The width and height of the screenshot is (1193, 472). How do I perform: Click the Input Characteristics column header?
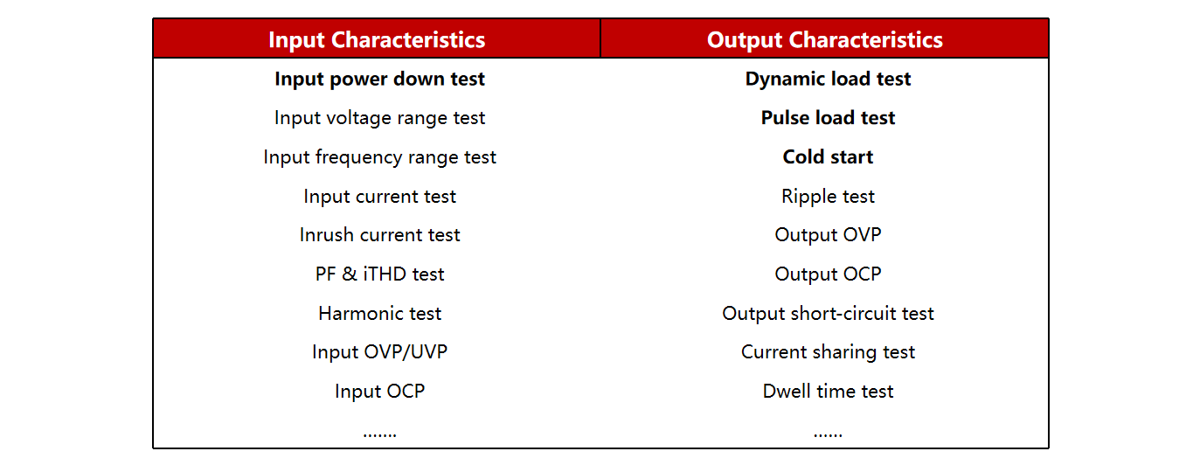click(x=377, y=40)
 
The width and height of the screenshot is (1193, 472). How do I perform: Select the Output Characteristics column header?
click(x=825, y=40)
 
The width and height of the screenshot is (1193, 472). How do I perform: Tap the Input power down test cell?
click(x=379, y=80)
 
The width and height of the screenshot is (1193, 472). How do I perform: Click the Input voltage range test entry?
click(x=379, y=118)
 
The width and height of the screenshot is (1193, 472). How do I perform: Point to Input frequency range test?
click(x=379, y=157)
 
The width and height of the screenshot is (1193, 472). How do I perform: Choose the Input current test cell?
click(x=379, y=197)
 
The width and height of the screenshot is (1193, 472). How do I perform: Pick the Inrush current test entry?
click(x=379, y=235)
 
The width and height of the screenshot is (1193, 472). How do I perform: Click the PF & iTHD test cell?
click(x=379, y=274)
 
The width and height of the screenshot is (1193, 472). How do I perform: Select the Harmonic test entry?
click(x=379, y=314)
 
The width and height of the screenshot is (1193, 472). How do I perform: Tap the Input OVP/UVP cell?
click(x=379, y=352)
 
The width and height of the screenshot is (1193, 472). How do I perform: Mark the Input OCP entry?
click(x=379, y=392)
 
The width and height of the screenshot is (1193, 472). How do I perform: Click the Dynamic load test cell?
click(x=829, y=80)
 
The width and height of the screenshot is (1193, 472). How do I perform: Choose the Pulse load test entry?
click(x=829, y=118)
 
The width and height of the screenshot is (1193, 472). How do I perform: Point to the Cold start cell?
click(x=829, y=157)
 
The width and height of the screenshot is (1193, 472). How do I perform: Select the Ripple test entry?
click(x=829, y=197)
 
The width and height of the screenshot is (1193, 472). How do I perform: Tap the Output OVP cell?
click(x=829, y=235)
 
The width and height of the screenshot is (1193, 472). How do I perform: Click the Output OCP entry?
click(x=829, y=274)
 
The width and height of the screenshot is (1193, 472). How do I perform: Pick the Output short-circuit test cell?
click(x=829, y=314)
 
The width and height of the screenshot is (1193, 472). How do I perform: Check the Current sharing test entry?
click(x=829, y=352)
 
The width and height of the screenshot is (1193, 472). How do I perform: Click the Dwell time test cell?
click(x=829, y=392)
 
